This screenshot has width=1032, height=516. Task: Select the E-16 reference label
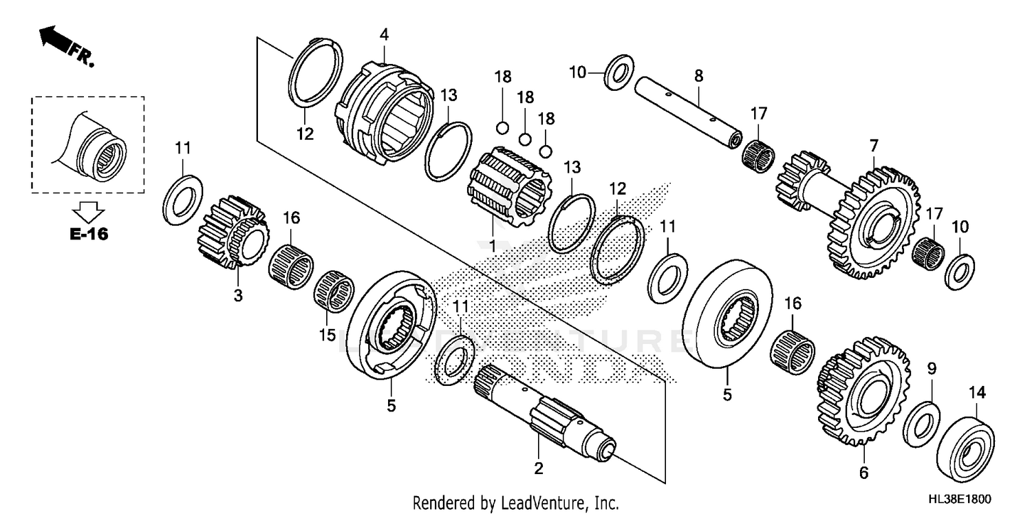88,234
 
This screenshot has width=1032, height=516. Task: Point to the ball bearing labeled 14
967,443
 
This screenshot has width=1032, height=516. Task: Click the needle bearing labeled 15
334,292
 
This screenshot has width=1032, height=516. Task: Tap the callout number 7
873,146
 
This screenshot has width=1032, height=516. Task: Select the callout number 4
383,33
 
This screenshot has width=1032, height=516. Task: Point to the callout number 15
327,335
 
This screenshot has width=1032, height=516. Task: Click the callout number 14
977,393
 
